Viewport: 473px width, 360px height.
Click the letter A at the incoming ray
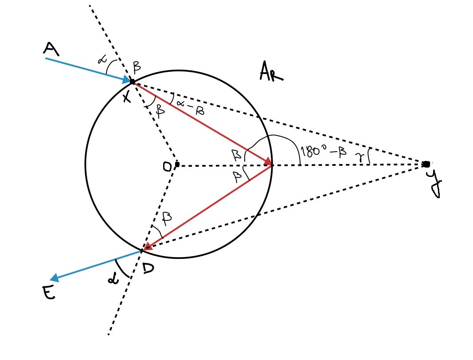tap(51, 49)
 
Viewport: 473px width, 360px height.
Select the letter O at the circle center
tap(168, 166)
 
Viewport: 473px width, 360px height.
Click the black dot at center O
tap(177, 164)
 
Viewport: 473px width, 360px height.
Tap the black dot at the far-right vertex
tap(426, 164)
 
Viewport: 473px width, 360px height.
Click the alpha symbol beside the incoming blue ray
tap(101, 65)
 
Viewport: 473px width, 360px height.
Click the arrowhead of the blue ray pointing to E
tap(55, 278)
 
